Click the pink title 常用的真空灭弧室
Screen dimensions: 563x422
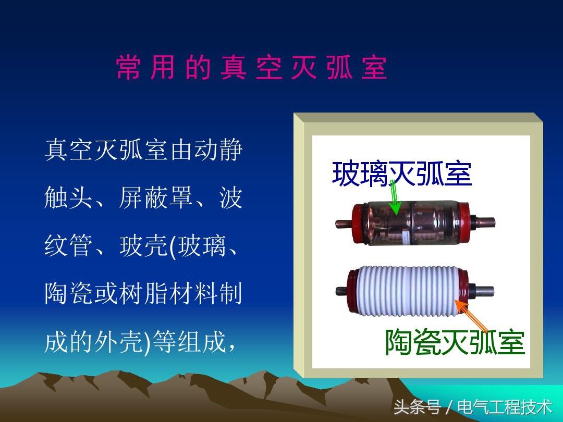click(x=251, y=67)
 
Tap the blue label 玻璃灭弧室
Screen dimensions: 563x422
click(x=402, y=173)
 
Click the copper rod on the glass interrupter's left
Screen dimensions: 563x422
click(x=344, y=224)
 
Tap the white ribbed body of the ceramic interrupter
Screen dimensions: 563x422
click(x=408, y=291)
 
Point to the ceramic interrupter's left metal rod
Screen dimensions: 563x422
click(x=341, y=291)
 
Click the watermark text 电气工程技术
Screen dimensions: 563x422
click(x=505, y=407)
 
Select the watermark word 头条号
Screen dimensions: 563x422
click(x=417, y=407)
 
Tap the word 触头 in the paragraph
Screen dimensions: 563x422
click(x=68, y=198)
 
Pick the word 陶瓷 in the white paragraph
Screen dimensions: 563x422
click(x=68, y=293)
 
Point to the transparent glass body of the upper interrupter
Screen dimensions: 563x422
click(x=412, y=223)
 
